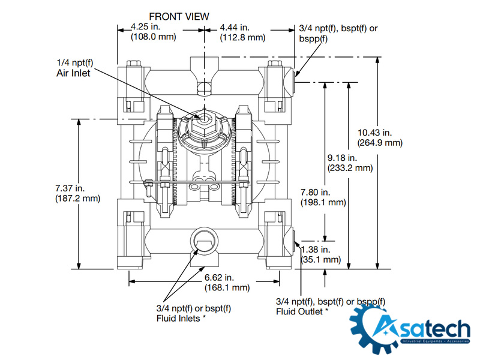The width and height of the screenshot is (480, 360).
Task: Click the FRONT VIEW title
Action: pos(179,16)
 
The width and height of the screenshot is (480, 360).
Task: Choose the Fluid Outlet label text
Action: pos(302,312)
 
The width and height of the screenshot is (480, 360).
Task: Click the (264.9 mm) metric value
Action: pos(380,143)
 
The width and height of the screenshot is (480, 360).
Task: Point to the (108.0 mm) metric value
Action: pos(153,37)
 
